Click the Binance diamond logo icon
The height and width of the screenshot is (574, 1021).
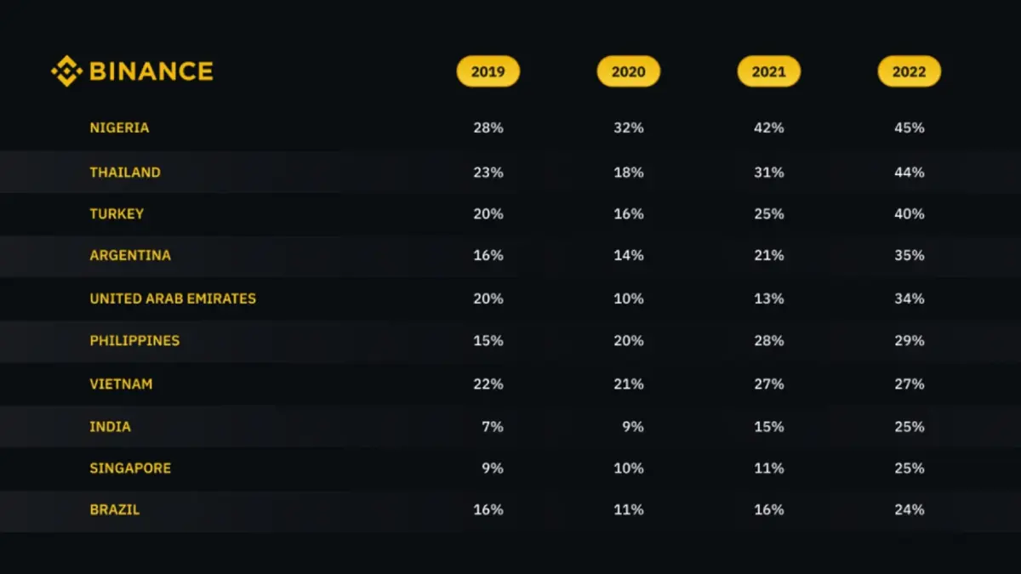66,71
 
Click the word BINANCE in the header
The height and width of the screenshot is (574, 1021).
151,71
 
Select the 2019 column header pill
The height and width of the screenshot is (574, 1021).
488,71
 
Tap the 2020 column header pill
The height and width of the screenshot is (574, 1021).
628,71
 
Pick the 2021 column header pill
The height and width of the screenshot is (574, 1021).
768,71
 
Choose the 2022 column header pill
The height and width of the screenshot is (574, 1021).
909,71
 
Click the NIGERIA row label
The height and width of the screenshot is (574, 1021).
119,128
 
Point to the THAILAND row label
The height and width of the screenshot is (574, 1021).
125,172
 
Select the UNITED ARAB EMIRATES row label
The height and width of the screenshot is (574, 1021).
173,298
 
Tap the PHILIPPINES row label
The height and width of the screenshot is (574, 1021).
134,340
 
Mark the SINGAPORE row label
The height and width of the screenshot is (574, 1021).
130,468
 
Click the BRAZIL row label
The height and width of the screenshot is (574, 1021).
115,509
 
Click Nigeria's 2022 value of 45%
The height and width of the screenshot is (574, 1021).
909,128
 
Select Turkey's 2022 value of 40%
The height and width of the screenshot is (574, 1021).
909,213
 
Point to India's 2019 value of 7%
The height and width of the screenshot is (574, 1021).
492,426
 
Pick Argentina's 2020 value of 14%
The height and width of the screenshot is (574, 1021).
628,255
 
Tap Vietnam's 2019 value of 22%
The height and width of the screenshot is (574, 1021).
488,384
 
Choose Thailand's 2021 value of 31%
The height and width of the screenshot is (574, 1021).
768,172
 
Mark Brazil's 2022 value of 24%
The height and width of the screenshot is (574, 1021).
909,509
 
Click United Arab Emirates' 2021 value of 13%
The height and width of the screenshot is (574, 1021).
768,298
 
